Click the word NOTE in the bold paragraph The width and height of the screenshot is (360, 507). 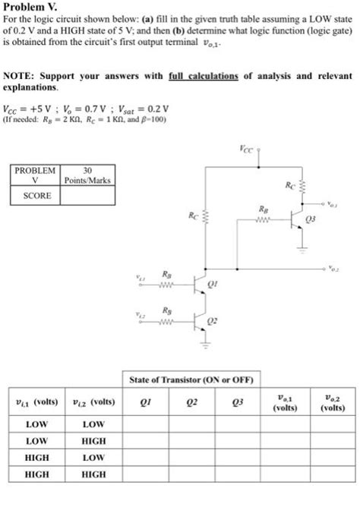(20, 77)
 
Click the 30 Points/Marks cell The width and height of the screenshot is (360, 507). (87, 175)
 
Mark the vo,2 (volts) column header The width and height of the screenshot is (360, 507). (331, 402)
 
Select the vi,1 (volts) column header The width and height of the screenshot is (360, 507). (37, 402)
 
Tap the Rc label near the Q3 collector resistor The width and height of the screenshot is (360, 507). (289, 184)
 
